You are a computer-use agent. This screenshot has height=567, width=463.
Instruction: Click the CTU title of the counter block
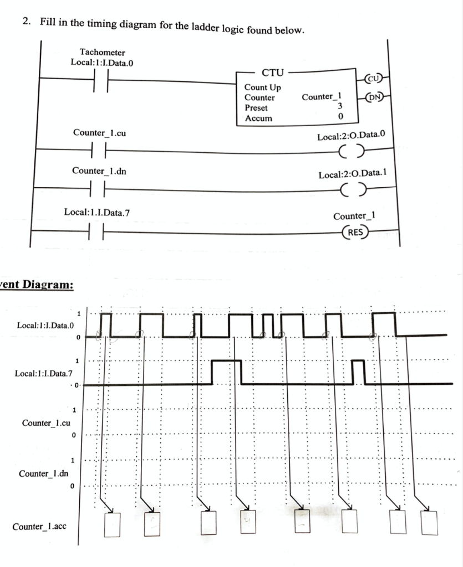pyautogui.click(x=272, y=73)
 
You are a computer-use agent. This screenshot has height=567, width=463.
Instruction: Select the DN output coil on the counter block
pyautogui.click(x=375, y=97)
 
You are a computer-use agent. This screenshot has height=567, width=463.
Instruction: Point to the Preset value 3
pyautogui.click(x=340, y=106)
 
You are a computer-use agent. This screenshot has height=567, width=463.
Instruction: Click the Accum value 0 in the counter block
pyautogui.click(x=340, y=117)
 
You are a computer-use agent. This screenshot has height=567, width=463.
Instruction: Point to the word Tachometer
pyautogui.click(x=102, y=52)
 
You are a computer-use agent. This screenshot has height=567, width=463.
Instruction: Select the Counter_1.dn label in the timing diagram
pyautogui.click(x=44, y=474)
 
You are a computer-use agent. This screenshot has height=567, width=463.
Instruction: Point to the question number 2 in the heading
pyautogui.click(x=26, y=22)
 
